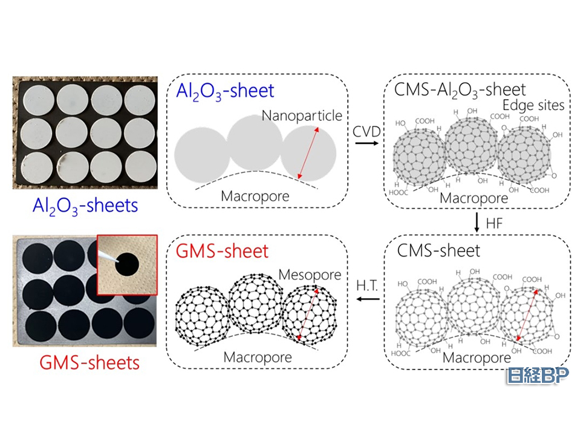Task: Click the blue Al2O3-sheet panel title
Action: click(x=225, y=91)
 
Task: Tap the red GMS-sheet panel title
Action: click(x=222, y=250)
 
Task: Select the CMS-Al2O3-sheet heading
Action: click(x=460, y=90)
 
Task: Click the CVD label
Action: click(x=365, y=130)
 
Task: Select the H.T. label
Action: click(x=366, y=284)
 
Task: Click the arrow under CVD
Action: click(x=365, y=143)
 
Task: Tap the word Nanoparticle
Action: click(x=302, y=115)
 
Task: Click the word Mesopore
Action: click(x=310, y=275)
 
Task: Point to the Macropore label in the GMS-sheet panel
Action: click(x=258, y=357)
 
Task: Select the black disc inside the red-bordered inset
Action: click(x=128, y=264)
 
